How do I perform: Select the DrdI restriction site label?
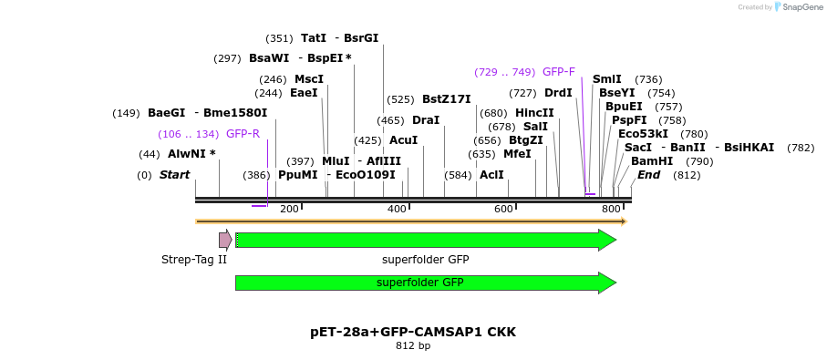click(558, 93)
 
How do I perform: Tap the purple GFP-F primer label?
click(558, 72)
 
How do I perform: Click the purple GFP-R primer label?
click(243, 134)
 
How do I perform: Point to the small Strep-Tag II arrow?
click(224, 240)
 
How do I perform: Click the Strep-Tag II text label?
click(193, 260)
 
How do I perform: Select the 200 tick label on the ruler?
click(290, 210)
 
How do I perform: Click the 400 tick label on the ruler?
click(397, 210)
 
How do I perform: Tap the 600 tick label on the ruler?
click(503, 210)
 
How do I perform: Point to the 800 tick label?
click(610, 210)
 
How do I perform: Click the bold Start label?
click(174, 175)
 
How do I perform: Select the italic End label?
click(648, 175)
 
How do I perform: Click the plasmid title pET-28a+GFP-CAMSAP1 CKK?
click(413, 332)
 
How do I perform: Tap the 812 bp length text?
click(413, 346)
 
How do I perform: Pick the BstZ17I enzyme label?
click(446, 99)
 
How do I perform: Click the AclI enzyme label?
click(491, 175)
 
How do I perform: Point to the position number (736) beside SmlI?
click(648, 79)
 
